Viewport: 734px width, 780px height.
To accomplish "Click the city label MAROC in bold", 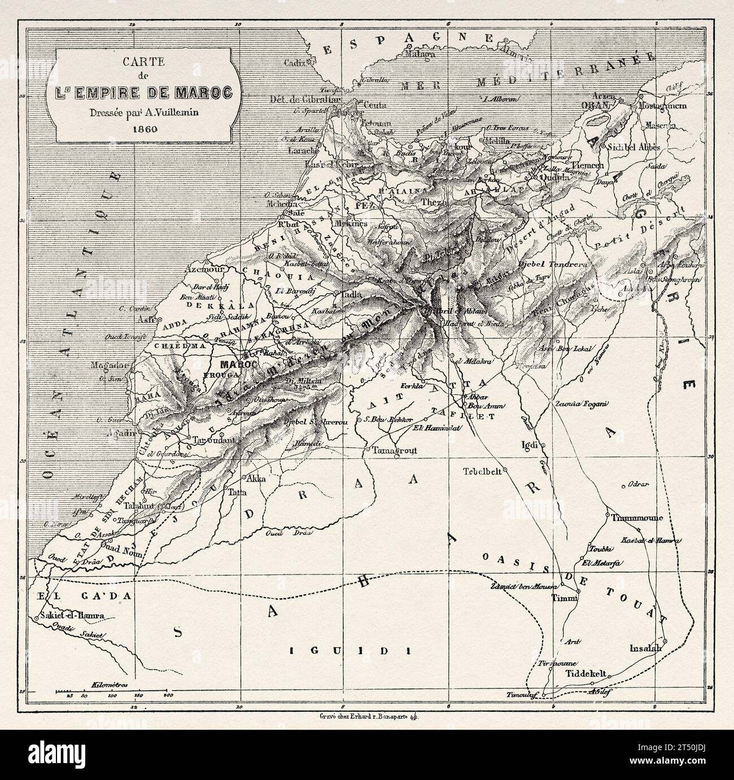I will [239, 365].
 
